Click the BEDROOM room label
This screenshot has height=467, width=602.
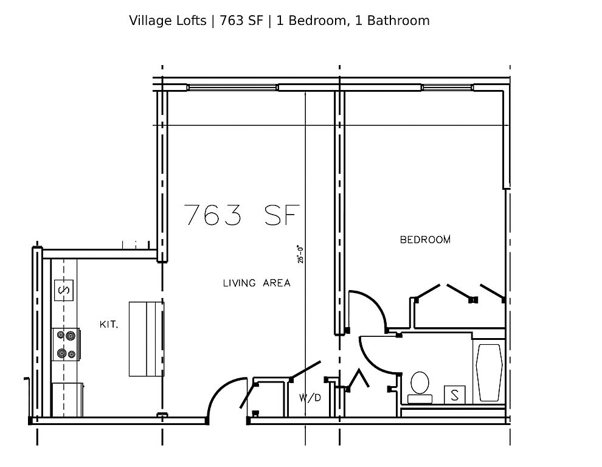click(x=426, y=240)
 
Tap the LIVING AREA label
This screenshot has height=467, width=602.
click(x=257, y=283)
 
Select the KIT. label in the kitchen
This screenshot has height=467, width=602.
click(x=109, y=325)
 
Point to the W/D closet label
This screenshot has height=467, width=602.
click(x=310, y=398)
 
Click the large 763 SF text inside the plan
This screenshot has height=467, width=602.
click(x=242, y=215)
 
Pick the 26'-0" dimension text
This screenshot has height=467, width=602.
click(x=300, y=254)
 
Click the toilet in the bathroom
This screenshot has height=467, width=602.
click(x=420, y=387)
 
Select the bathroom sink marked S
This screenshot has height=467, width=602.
click(x=455, y=395)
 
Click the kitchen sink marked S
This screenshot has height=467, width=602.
click(x=64, y=290)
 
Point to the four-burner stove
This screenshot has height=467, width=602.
click(x=66, y=345)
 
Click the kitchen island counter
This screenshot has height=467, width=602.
click(x=147, y=339)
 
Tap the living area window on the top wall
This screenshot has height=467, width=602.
click(x=232, y=88)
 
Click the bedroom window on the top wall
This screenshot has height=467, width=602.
click(x=448, y=88)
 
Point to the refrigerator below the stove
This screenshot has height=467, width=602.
click(x=67, y=400)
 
